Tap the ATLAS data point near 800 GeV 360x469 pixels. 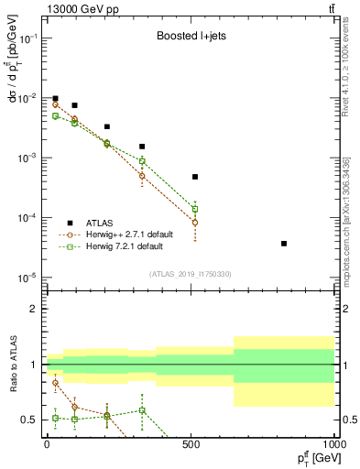point(284,244)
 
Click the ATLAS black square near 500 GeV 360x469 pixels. point(195,177)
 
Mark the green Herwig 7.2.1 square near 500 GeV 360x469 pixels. point(195,209)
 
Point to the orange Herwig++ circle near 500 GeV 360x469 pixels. point(195,223)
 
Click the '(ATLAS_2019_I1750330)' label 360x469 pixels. point(190,274)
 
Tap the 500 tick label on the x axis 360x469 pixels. point(191,443)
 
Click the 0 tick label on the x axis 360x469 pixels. point(47,443)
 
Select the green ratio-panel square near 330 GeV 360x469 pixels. point(142,410)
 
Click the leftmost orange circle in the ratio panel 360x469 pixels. point(56,383)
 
